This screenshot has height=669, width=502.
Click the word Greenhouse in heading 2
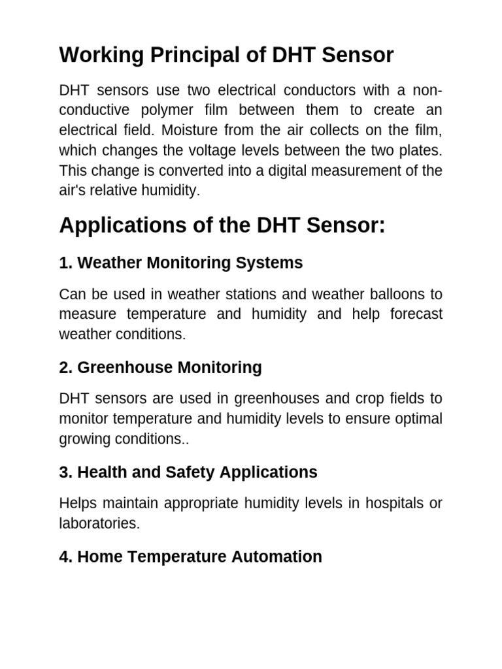coord(118,367)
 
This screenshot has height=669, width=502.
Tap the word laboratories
coord(99,523)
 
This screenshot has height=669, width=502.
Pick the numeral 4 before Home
coord(63,557)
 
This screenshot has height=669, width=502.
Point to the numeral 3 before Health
coord(63,472)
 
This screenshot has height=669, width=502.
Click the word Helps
coord(77,503)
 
